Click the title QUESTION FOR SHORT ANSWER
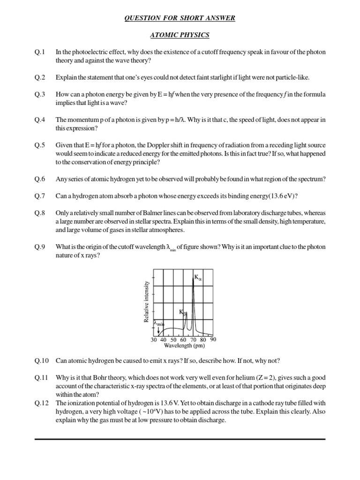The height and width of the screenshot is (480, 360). click(x=180, y=18)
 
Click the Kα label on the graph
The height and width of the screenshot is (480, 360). click(x=198, y=277)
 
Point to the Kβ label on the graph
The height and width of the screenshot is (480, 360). click(x=183, y=312)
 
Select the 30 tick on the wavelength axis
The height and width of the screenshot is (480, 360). click(x=154, y=340)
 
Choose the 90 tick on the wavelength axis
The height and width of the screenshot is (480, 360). click(x=213, y=339)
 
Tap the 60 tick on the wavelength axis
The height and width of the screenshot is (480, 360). click(x=183, y=340)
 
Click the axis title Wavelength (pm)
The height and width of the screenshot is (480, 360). click(x=184, y=346)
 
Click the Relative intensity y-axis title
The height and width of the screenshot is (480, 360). click(x=146, y=301)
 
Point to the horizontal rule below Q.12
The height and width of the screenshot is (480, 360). click(x=180, y=439)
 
